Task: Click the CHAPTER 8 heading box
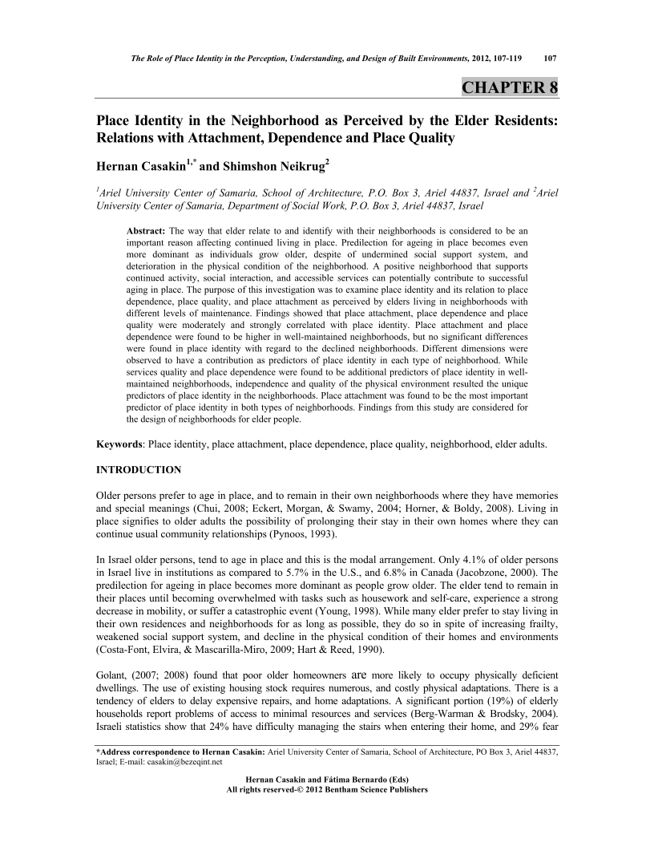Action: click(x=509, y=87)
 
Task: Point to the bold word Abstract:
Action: click(x=146, y=230)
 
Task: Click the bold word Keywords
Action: click(x=119, y=444)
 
